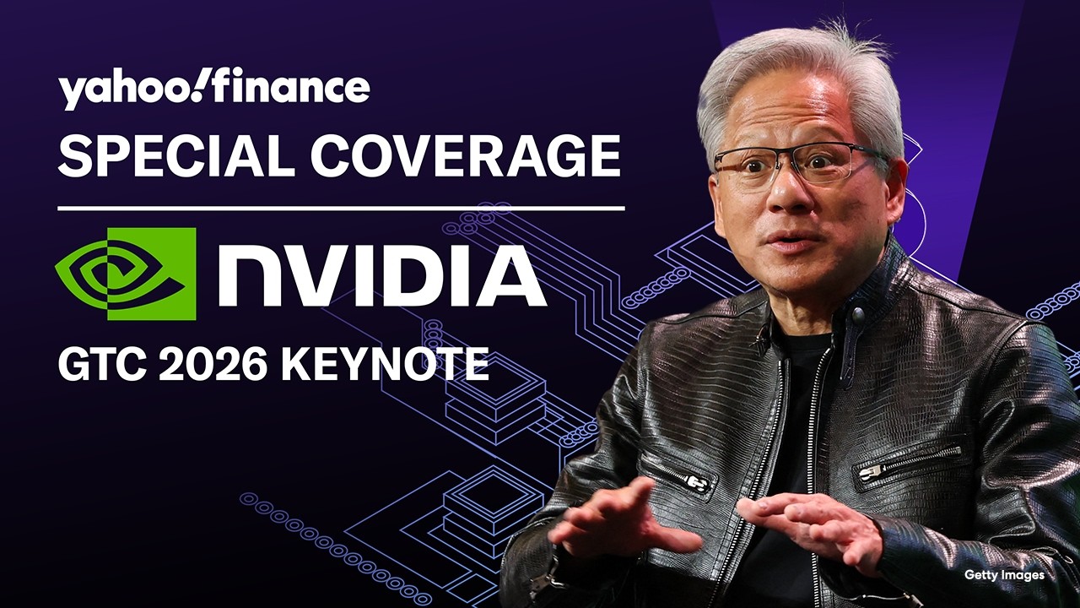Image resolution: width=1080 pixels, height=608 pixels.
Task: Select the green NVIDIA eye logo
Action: (126, 274)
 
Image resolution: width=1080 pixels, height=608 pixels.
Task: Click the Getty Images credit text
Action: (1004, 575)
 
